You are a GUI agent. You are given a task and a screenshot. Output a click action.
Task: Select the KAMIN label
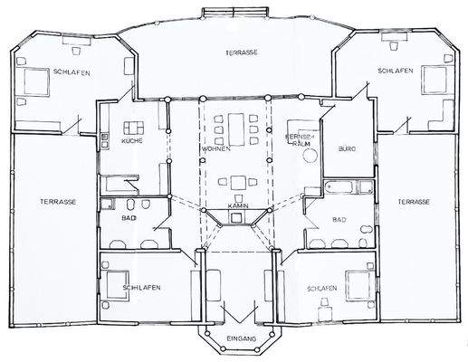[x=238, y=205]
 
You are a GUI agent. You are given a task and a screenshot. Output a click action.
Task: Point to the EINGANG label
[x=242, y=338]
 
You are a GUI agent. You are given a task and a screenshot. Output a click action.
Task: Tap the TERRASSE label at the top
[x=242, y=52]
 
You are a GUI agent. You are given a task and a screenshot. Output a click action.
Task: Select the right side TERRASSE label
[x=412, y=201]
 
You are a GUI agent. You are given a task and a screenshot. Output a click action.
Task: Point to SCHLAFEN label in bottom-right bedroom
[x=322, y=288]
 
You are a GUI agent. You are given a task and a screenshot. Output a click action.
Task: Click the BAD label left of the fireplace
[x=129, y=218]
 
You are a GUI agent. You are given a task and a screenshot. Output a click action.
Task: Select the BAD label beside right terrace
[x=339, y=219]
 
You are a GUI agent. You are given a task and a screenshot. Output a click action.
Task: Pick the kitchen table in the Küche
[x=135, y=128]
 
